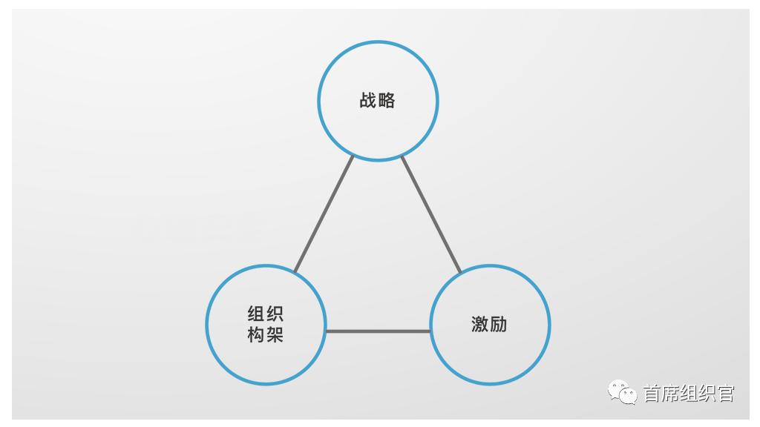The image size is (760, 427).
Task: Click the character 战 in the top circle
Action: point(368,100)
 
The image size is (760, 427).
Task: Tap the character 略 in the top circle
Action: point(387,100)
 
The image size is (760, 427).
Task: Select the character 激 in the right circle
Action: point(480,325)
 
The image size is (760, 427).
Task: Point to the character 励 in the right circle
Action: point(499,325)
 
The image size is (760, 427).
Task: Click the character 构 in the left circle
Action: point(256,334)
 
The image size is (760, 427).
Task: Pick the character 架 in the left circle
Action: point(275,334)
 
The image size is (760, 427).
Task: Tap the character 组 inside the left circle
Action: point(256,314)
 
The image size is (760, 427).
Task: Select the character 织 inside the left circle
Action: point(275,314)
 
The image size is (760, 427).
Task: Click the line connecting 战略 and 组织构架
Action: point(324,214)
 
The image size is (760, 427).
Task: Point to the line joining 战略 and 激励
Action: point(431,214)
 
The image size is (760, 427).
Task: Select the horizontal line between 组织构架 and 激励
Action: point(378,331)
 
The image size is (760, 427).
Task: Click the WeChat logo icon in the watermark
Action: point(623,392)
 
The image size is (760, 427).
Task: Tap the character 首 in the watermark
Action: point(652,393)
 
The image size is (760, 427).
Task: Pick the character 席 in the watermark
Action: point(670,393)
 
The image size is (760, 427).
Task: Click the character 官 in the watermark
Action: point(726,393)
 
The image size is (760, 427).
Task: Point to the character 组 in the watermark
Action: point(689,393)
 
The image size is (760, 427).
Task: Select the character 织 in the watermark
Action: point(707,393)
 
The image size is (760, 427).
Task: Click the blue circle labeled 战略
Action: point(378,42)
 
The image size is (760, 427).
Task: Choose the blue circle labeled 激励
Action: point(490,266)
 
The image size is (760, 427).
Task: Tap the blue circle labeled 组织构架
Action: point(266,266)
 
